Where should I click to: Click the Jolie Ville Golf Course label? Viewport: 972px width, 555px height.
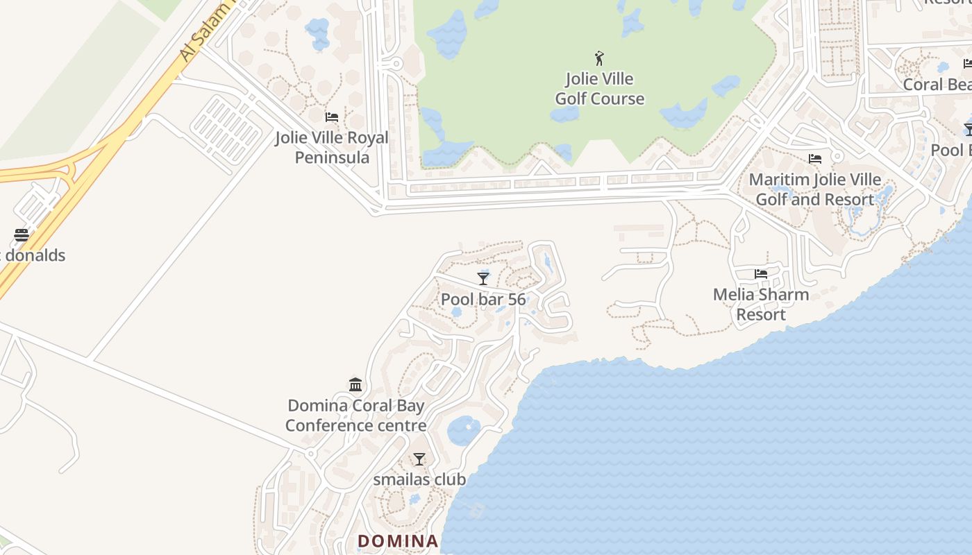(599, 89)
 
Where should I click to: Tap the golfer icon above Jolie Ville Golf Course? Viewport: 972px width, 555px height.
(599, 58)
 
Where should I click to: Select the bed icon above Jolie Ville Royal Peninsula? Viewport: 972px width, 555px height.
(332, 117)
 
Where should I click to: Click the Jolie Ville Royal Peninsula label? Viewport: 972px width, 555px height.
(332, 147)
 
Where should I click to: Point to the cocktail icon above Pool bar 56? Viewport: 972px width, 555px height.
(483, 278)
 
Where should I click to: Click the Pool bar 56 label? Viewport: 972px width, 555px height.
(483, 300)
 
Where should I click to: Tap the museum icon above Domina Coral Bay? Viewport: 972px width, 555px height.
(355, 384)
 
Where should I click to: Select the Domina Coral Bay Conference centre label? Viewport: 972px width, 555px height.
(355, 415)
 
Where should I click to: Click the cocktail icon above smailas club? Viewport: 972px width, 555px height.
(419, 459)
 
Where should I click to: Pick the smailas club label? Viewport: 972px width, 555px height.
(419, 479)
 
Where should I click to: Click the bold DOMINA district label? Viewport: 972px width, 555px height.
(398, 541)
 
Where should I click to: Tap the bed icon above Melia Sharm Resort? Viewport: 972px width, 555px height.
(761, 274)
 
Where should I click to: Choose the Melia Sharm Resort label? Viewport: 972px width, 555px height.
(761, 304)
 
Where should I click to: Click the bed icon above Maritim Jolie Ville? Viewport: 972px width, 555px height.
(815, 159)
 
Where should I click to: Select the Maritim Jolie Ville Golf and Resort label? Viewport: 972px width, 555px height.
(815, 189)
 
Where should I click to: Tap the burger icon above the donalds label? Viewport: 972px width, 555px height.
(22, 234)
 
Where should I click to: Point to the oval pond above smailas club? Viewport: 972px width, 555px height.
(463, 430)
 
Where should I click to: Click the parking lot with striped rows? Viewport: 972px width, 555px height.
(226, 130)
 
